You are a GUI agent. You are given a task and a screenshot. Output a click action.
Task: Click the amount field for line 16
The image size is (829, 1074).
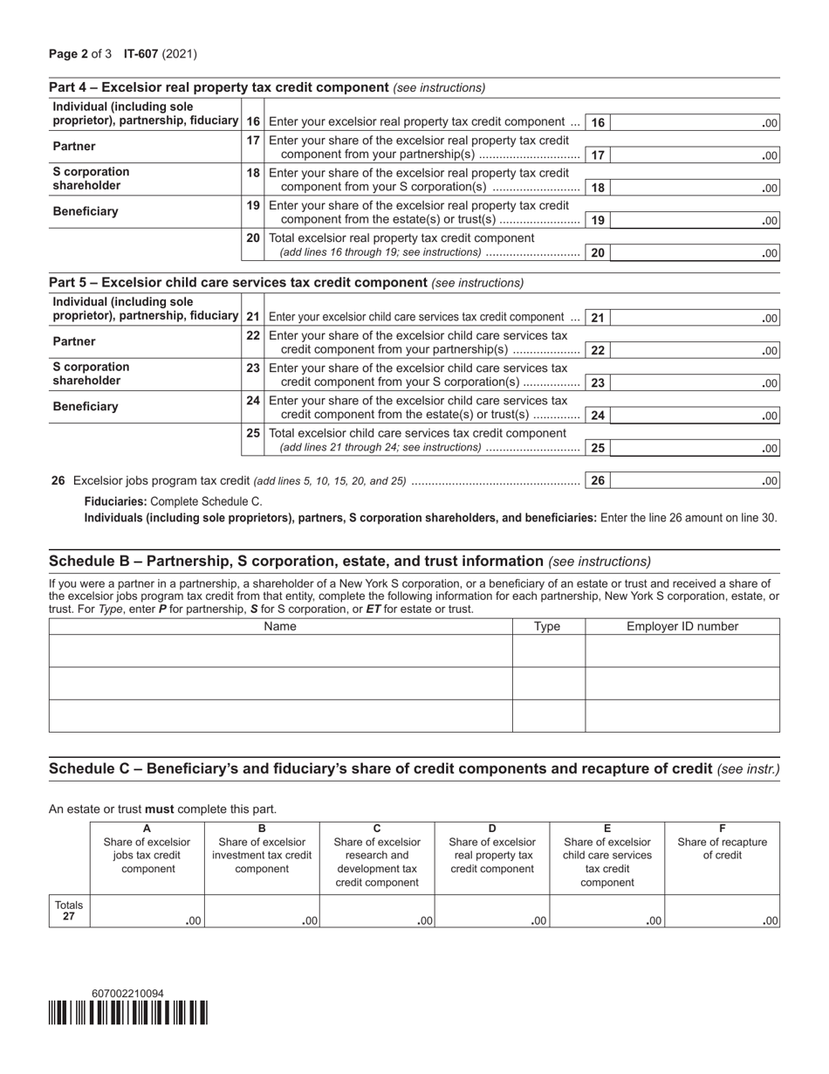[x=695, y=123]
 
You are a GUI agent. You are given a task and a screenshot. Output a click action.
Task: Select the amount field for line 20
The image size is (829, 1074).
[x=695, y=253]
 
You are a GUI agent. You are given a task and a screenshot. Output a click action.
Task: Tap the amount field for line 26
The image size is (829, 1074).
[x=695, y=480]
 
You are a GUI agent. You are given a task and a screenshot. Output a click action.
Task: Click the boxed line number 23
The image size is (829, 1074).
[x=598, y=383]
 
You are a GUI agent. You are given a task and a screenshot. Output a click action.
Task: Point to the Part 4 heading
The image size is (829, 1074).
[x=218, y=87]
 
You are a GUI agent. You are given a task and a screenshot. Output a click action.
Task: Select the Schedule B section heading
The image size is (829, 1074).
[x=296, y=561]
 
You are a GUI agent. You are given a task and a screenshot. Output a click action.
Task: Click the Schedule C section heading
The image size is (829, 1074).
[x=380, y=768]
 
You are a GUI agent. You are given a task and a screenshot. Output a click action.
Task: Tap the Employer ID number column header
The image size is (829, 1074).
[x=682, y=626]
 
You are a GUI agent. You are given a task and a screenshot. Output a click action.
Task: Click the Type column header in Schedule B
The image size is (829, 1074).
[x=547, y=626]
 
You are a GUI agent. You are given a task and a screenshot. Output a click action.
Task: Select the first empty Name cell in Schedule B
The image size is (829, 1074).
[x=280, y=651]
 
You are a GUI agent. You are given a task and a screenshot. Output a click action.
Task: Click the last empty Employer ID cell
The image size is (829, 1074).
[x=682, y=716]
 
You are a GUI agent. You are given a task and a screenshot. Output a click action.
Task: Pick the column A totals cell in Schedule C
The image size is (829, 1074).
[x=147, y=912]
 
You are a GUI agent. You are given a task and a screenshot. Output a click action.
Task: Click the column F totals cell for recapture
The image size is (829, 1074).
[x=722, y=912]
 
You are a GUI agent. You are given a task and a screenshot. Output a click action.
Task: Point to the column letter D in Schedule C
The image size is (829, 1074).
[x=492, y=829]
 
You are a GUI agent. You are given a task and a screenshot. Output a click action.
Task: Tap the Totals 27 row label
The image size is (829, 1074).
[x=69, y=911]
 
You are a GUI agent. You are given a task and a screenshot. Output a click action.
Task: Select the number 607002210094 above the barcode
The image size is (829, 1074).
[x=127, y=994]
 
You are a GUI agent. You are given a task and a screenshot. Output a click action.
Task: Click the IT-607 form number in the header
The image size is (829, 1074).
[x=142, y=54]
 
